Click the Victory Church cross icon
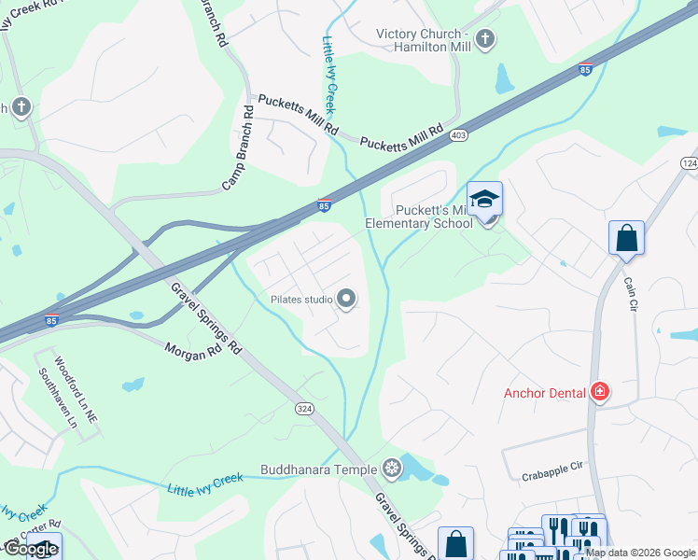pos(484,39)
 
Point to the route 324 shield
pos(304,408)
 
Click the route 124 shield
pos(689,163)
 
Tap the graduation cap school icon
pos(484,201)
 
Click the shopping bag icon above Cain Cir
pos(626,237)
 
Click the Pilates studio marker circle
pos(346,300)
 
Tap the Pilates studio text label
pos(301,300)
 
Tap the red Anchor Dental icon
pos(600,392)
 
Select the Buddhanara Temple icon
pos(393,469)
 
